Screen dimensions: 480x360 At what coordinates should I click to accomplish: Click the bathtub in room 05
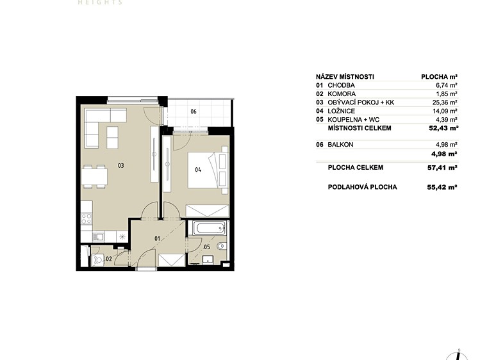tap(210, 228)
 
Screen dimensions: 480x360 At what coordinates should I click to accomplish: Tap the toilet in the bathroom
tap(221, 245)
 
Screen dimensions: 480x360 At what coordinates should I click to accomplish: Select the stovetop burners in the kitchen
tap(87, 218)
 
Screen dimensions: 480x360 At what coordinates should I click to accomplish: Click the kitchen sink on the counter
tap(99, 236)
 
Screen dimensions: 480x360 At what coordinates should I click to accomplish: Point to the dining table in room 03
tap(95, 177)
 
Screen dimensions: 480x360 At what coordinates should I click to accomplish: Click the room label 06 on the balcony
tap(194, 111)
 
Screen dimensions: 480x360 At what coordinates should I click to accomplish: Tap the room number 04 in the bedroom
tap(198, 170)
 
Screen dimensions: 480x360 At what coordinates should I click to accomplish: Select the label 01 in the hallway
tap(157, 238)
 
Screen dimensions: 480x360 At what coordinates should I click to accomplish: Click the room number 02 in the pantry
tap(109, 259)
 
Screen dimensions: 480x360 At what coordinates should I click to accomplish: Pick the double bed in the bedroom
tap(208, 170)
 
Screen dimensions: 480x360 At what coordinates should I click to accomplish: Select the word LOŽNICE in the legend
tap(342, 111)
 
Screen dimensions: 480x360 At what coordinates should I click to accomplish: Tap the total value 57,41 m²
tap(442, 168)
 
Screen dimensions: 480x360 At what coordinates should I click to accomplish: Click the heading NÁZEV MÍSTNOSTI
tap(345, 77)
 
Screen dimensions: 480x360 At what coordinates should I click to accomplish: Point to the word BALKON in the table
tap(340, 145)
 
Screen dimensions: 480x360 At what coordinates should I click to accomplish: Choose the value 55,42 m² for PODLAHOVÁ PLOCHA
tap(442, 187)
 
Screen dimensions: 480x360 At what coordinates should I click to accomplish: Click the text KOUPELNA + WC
tap(354, 120)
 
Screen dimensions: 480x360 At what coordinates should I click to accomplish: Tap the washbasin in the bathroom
tap(208, 259)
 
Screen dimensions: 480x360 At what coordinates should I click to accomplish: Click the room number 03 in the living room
tap(121, 165)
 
